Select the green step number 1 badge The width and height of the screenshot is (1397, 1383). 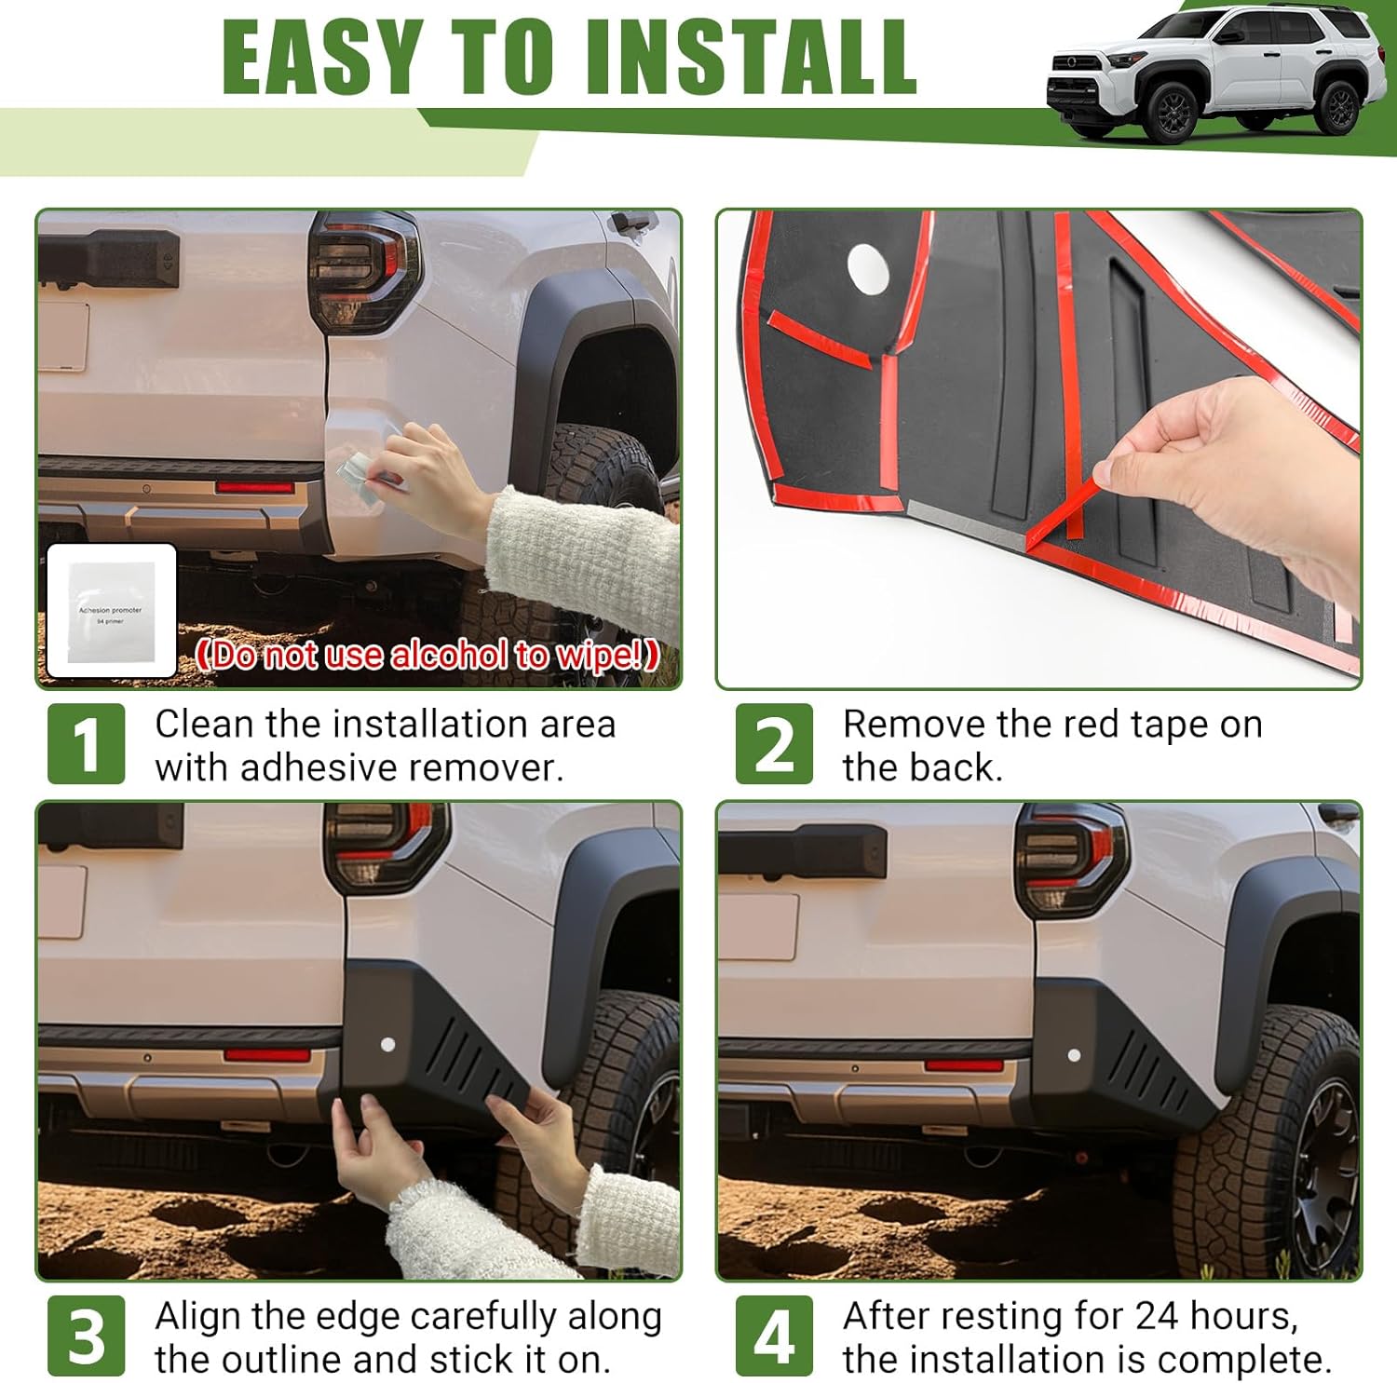(86, 743)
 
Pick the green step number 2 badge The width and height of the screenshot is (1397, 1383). (773, 743)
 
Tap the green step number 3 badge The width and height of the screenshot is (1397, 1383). (86, 1336)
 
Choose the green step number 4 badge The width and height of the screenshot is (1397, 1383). (773, 1336)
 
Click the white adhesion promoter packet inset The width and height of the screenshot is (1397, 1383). (112, 610)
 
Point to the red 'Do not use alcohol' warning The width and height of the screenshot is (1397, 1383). (427, 655)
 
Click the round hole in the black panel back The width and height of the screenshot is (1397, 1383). (869, 269)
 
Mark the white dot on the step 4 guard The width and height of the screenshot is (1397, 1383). (1074, 1055)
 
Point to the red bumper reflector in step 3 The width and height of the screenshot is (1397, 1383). (267, 1054)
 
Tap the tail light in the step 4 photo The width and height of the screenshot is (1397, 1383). (1071, 857)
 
